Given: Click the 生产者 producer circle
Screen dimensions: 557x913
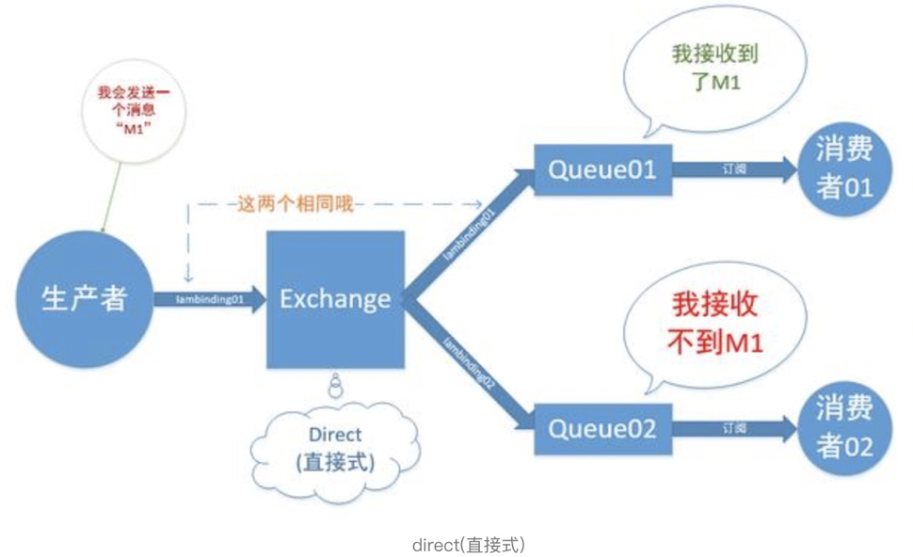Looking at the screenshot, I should (86, 299).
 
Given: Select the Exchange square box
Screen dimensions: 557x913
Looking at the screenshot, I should (336, 300).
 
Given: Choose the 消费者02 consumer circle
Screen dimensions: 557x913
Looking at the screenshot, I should (844, 430).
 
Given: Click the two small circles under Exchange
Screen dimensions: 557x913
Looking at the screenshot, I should (334, 385).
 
